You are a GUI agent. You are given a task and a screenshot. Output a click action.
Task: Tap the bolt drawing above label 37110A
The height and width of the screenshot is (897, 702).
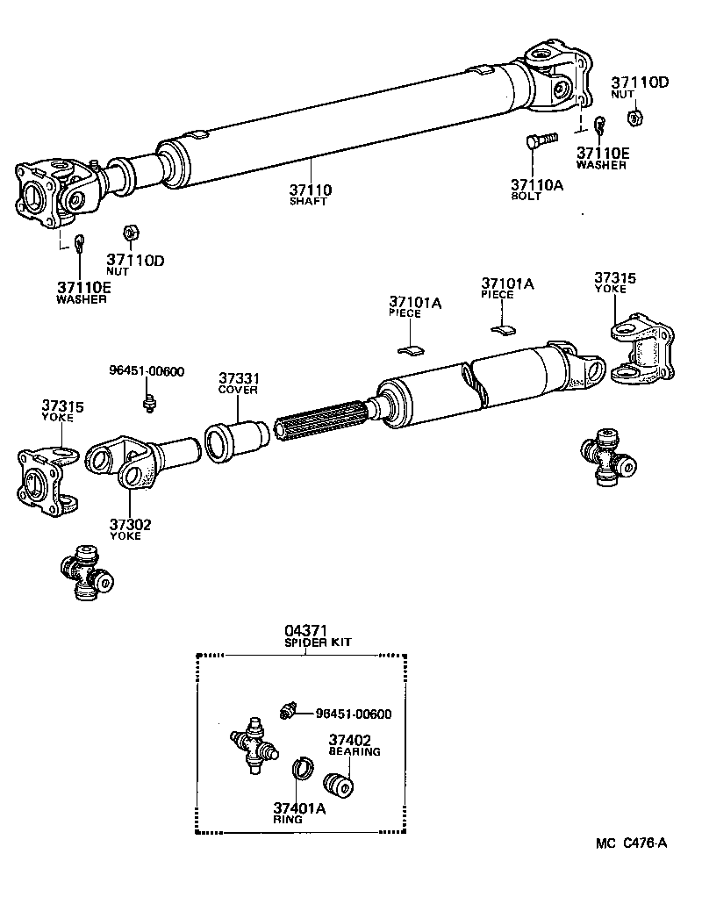541,140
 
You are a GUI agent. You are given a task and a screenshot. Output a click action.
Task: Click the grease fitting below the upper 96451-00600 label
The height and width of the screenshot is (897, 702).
148,403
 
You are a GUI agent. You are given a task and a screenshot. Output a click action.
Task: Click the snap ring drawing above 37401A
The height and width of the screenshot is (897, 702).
303,766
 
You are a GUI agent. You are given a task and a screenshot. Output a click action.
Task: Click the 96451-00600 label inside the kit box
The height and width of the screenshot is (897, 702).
353,714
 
